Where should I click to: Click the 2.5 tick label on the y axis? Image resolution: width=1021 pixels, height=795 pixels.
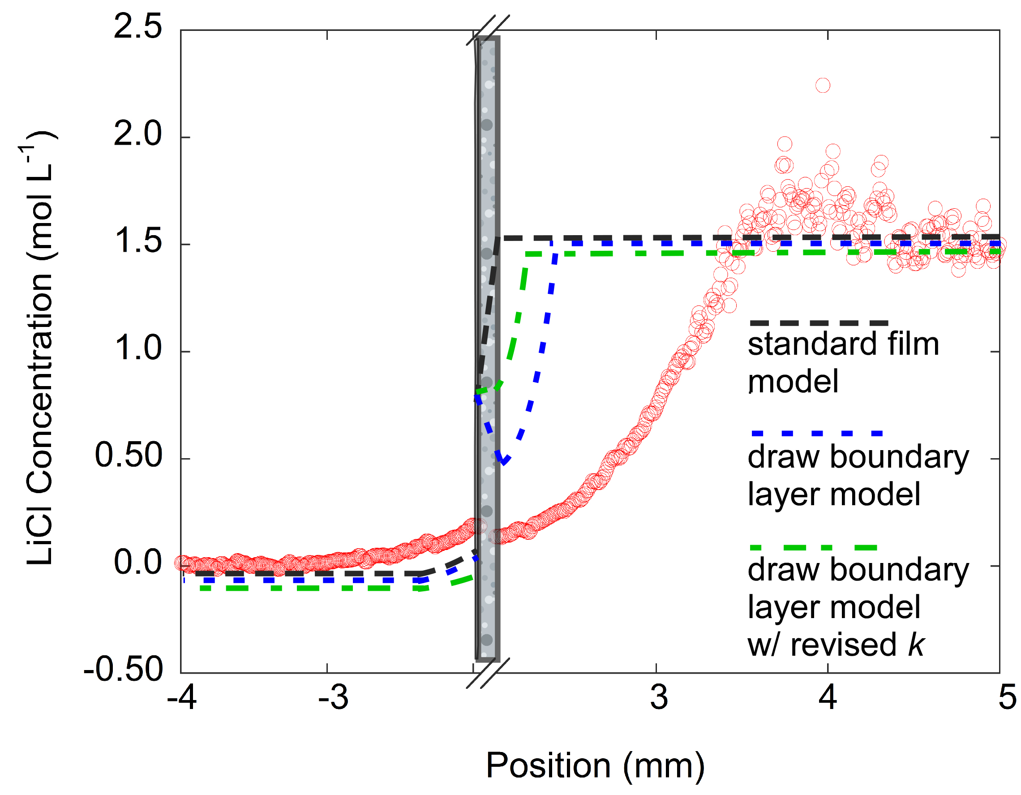137,27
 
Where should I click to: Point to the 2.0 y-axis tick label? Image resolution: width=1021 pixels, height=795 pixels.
137,134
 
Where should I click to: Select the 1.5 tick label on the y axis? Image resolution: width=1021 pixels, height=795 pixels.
137,241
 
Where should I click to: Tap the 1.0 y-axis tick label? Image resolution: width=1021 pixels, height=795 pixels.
137,348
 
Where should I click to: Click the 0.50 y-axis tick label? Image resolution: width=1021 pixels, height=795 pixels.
128,456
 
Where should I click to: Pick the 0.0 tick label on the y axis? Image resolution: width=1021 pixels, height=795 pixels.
137,563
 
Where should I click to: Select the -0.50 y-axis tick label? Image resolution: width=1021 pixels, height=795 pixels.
124,670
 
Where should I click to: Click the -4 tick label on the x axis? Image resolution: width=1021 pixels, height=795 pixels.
181,698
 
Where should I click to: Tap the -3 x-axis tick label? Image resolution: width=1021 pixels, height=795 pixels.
333,698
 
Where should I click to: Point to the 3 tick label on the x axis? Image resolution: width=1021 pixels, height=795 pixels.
659,698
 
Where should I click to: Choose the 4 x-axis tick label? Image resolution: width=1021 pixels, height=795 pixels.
828,698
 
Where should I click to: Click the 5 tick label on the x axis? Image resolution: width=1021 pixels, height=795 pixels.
1007,698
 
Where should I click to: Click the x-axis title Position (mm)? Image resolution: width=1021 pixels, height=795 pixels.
595,766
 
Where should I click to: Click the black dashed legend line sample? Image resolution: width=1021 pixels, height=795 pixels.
818,323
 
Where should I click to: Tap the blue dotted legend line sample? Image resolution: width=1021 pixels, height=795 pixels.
816,434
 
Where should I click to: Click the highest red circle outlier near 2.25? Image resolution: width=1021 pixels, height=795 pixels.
823,86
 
